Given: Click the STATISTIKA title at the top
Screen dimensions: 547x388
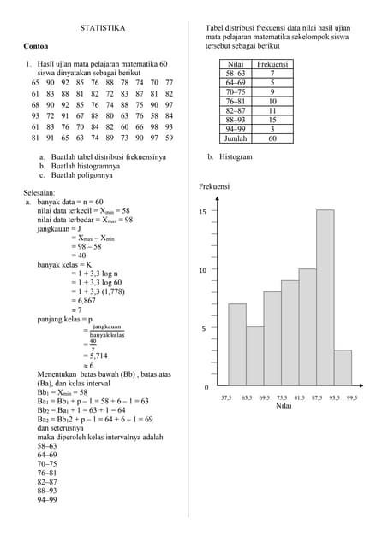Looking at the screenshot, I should coord(103,28).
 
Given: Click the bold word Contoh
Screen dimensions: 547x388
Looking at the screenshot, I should coord(36,45).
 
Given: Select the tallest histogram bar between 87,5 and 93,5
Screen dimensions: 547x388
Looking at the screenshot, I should coord(325,299).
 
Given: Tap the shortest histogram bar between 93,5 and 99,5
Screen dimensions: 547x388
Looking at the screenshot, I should coord(343,368).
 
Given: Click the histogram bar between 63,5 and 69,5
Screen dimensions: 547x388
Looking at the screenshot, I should coord(254,356).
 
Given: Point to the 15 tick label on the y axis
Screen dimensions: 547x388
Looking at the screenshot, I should coord(203,211).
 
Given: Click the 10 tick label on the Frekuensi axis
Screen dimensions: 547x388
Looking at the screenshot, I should coord(203,270).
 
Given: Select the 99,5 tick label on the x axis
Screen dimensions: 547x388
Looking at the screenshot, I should coord(351,397).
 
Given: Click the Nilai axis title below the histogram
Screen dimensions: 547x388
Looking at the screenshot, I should coord(284,407).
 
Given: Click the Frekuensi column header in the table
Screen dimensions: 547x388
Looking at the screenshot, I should coord(272,64).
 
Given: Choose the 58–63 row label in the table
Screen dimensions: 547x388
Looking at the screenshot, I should coord(236,74).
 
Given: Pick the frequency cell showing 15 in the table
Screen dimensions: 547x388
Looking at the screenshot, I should coord(272,120).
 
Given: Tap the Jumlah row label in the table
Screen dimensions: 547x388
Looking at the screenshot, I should coord(236,138).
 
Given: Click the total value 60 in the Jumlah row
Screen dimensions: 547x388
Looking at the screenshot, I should coord(272,138).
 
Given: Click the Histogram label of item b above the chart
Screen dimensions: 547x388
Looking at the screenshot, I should coord(236,157).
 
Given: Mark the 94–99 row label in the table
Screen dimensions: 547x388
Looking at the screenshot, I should coord(236,129).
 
